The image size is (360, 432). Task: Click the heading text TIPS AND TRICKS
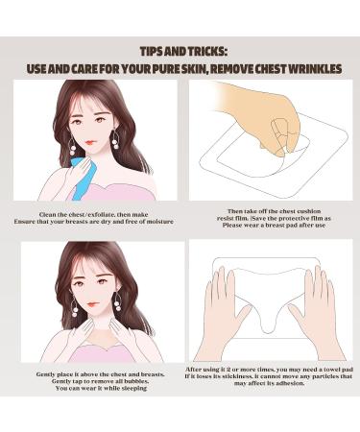click(x=180, y=49)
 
